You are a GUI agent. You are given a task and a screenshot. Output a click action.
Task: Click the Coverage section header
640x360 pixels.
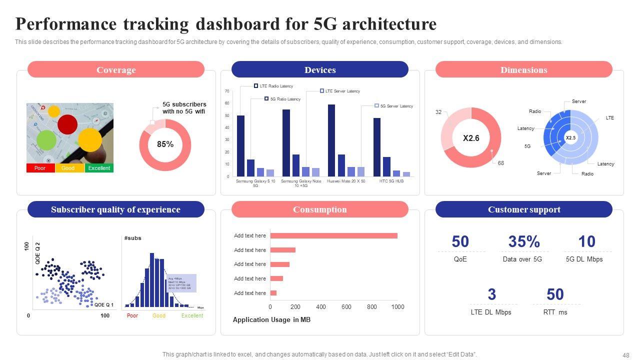click(116, 70)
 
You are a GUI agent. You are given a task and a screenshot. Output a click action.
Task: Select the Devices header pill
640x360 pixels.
click(320, 70)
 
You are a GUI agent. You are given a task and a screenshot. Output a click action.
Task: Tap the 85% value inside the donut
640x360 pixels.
click(165, 144)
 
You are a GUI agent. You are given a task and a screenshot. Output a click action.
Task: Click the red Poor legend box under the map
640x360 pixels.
click(40, 168)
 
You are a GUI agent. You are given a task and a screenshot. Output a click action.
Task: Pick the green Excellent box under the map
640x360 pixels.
click(99, 168)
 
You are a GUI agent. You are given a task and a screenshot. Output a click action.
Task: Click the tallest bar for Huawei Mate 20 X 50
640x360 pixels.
click(331, 140)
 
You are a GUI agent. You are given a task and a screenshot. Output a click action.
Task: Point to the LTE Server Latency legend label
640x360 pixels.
click(342, 91)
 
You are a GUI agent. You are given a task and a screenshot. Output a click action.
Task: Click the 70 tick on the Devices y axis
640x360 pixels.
click(227, 91)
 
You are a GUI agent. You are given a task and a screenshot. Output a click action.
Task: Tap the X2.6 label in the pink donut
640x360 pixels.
click(471, 138)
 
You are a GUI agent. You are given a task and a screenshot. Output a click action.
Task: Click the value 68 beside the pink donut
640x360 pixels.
click(501, 163)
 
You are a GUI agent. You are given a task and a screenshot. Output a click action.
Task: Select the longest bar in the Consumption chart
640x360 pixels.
click(333, 236)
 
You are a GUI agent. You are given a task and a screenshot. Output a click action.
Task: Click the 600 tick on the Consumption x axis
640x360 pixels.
click(346, 307)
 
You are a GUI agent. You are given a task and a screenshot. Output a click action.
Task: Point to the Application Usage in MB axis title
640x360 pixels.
click(271, 320)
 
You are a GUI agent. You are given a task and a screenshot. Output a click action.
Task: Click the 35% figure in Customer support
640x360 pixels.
click(524, 242)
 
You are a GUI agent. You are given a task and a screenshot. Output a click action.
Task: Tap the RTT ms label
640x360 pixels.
click(555, 312)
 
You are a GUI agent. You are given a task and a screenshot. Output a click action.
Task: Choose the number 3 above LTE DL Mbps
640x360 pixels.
click(492, 294)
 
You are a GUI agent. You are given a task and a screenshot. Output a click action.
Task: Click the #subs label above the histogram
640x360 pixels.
click(133, 238)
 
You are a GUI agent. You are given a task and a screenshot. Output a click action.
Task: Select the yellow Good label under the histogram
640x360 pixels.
click(159, 316)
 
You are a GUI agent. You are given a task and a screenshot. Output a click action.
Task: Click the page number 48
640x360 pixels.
click(626, 355)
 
